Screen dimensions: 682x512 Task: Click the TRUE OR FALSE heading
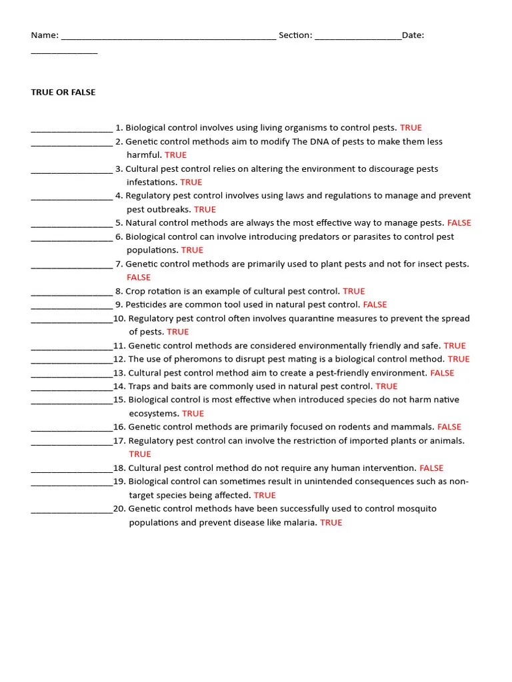click(63, 93)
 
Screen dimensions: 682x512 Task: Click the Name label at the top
click(45, 35)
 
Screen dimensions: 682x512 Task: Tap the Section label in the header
click(295, 35)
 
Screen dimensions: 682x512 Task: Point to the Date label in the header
click(413, 35)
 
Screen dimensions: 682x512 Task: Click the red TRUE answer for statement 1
click(411, 127)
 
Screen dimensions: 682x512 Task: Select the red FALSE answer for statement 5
click(459, 223)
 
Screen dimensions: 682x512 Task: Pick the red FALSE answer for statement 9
click(375, 304)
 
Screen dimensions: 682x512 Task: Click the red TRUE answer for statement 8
click(354, 291)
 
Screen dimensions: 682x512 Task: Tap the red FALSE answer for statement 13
click(442, 373)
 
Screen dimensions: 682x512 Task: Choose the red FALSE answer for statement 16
click(449, 427)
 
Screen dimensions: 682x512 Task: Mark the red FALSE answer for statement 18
click(431, 468)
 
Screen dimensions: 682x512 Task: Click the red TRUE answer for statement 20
click(331, 523)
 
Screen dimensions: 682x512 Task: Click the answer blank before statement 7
click(71, 264)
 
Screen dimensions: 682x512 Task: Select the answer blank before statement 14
click(71, 386)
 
